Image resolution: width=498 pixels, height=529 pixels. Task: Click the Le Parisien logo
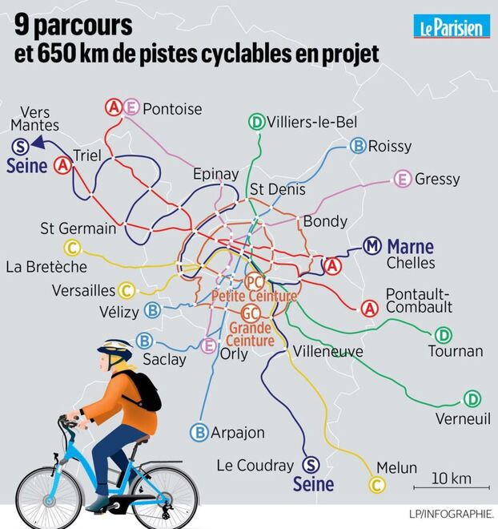(x=451, y=26)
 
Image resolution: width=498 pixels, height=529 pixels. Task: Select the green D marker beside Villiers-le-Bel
(x=257, y=122)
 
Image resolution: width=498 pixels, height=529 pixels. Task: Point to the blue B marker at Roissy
(x=358, y=145)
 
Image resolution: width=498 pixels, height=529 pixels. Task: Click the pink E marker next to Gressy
(x=403, y=179)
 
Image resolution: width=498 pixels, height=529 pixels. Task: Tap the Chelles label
(x=410, y=263)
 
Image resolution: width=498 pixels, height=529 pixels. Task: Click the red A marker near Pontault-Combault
(x=370, y=307)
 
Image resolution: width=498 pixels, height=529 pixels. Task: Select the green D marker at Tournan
(x=443, y=335)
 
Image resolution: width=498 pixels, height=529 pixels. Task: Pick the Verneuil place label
(x=462, y=419)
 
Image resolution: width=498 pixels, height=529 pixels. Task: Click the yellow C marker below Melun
(x=376, y=483)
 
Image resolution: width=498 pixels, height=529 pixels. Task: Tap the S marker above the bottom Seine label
(x=312, y=465)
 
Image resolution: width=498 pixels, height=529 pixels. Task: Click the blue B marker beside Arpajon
(x=199, y=432)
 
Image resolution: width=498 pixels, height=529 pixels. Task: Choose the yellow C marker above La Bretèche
(x=70, y=248)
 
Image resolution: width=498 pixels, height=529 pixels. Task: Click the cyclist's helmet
(x=115, y=349)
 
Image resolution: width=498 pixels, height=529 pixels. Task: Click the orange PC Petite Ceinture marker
(x=255, y=282)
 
